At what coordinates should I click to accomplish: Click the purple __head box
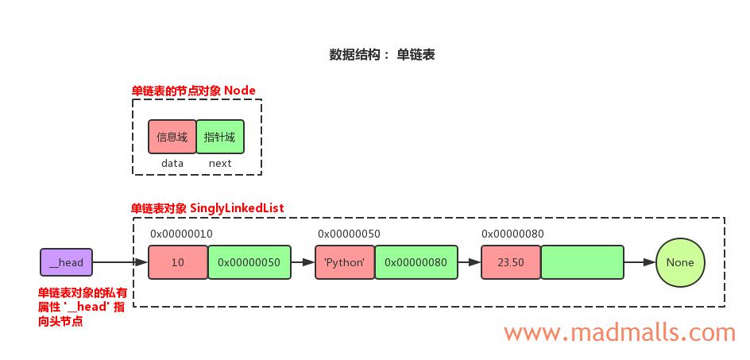(x=67, y=262)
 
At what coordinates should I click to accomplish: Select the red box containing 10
(x=177, y=262)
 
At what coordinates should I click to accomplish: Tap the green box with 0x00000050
(x=249, y=262)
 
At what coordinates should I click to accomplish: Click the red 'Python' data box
(x=345, y=262)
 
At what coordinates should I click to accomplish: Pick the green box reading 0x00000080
(x=416, y=262)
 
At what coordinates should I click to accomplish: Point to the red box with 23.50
(x=510, y=262)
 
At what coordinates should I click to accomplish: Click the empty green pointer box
(x=582, y=262)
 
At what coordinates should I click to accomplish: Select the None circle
(x=680, y=262)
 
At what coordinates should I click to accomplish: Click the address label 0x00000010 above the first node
(x=181, y=234)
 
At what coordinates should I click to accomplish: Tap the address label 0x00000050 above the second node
(x=349, y=234)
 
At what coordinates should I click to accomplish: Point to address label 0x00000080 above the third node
(x=512, y=234)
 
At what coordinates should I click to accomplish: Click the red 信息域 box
(x=172, y=137)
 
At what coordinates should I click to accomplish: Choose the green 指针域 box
(x=220, y=137)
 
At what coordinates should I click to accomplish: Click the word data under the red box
(x=172, y=163)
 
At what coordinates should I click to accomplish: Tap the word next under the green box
(x=220, y=163)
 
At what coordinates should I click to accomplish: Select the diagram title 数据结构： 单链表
(x=382, y=55)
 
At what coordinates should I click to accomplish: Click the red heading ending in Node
(x=194, y=91)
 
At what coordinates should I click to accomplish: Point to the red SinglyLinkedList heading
(x=207, y=207)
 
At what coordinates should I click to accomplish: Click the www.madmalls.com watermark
(x=620, y=331)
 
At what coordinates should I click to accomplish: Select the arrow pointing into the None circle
(x=640, y=262)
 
